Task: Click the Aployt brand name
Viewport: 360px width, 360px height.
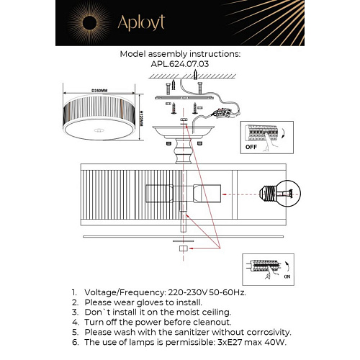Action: coord(138,22)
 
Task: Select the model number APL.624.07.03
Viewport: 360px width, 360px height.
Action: coord(180,63)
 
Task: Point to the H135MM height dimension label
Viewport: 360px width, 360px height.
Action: coord(143,112)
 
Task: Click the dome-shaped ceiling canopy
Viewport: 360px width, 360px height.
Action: coord(184,130)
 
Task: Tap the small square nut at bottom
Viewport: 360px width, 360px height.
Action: coord(183,248)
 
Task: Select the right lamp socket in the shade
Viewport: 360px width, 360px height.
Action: coord(204,194)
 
